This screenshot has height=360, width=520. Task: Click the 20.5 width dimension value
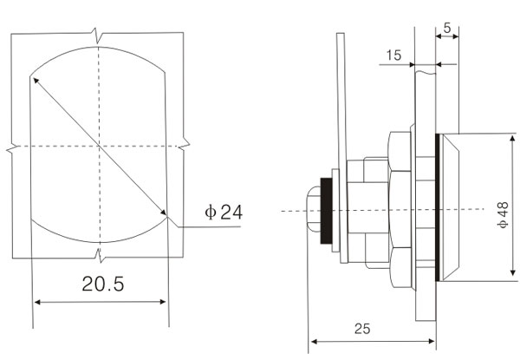tap(103, 284)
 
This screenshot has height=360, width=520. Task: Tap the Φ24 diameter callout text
tap(224, 212)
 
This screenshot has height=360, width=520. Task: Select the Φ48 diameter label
tap(503, 214)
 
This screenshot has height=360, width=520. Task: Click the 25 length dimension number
tap(361, 329)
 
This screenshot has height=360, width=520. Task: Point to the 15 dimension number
tap(393, 55)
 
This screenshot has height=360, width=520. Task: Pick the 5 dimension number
tap(447, 29)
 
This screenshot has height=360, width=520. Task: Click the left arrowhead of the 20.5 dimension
tap(37, 302)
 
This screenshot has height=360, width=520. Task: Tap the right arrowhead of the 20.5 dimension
tap(163, 302)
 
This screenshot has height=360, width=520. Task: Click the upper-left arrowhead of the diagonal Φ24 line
tap(36, 80)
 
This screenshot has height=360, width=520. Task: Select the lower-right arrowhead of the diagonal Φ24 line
tap(163, 213)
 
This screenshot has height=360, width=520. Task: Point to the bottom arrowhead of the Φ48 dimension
tap(513, 272)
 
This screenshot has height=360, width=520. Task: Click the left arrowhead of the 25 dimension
tap(314, 342)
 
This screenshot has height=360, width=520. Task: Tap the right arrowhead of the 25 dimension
tap(432, 341)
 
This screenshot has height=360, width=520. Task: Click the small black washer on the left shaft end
tap(327, 211)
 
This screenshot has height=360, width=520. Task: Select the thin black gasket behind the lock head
tap(438, 207)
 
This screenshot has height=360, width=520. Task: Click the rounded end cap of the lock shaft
tap(313, 210)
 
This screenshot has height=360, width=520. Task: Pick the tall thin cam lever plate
tap(342, 148)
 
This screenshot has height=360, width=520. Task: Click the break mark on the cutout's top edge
tap(97, 36)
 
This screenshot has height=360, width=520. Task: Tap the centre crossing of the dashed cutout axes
tap(99, 146)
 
